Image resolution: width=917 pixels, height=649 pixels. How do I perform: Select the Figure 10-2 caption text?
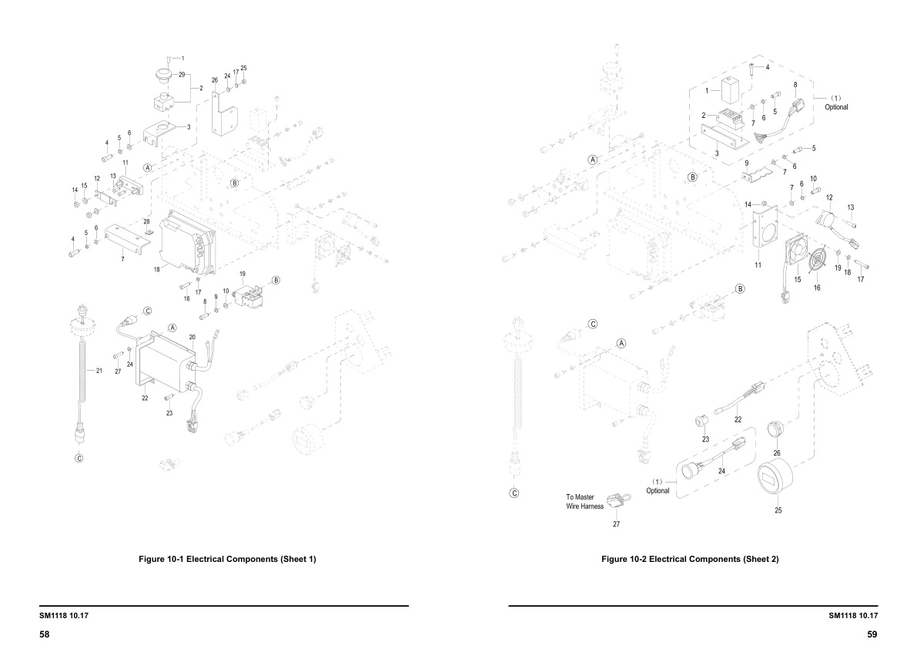coord(690,559)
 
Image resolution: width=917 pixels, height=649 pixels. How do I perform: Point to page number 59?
coord(872,634)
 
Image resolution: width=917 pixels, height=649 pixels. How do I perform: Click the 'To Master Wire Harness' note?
coord(585,502)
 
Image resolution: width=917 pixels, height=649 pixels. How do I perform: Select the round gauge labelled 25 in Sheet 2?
coord(777,483)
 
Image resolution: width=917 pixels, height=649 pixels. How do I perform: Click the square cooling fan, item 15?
coord(798,253)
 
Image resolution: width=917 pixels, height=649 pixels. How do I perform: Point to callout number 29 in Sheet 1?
coord(182,75)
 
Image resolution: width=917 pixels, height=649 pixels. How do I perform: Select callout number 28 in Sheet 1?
coord(146,221)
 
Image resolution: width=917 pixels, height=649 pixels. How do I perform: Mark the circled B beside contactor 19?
coord(276,280)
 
